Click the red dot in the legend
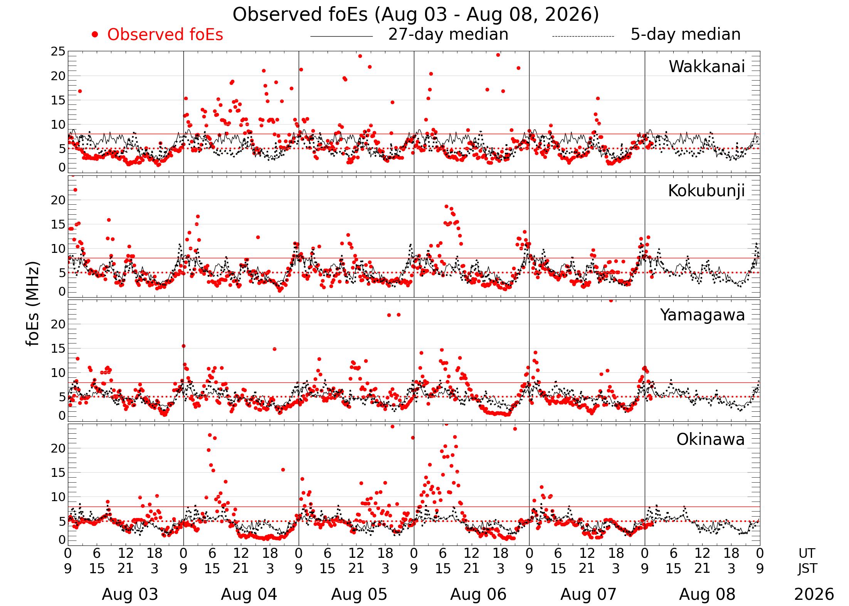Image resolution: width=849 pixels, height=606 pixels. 95,35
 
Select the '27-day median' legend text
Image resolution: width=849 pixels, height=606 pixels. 448,34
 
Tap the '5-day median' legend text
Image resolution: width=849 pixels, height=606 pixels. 686,34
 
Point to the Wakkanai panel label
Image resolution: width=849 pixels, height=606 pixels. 707,66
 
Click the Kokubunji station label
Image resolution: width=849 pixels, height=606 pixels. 706,191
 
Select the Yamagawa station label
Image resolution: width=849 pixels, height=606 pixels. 703,315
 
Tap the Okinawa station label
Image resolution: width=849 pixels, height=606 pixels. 711,439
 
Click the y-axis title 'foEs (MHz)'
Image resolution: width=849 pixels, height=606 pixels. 34,304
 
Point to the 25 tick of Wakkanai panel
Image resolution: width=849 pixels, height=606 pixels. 58,51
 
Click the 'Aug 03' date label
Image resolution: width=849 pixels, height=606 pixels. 130,594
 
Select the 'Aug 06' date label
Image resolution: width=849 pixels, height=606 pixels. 478,594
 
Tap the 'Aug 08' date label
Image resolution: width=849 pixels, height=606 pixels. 707,594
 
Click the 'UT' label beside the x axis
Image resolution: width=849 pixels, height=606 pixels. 807,553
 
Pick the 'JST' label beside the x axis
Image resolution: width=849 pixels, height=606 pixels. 807,569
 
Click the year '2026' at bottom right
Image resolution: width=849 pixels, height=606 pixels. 814,594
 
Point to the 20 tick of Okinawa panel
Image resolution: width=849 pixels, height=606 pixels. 58,448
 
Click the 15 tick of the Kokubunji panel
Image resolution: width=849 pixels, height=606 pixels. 58,224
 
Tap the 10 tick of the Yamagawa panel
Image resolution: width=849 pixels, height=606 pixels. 58,373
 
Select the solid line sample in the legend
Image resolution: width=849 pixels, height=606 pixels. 341,36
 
